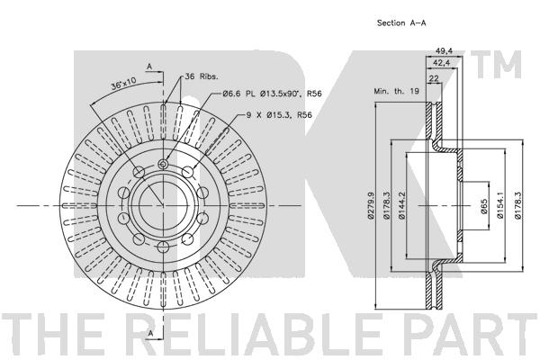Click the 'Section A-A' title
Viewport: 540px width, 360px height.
pyautogui.click(x=401, y=23)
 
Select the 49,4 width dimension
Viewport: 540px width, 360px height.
pyautogui.click(x=444, y=51)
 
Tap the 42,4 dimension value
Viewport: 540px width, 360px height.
pyautogui.click(x=442, y=62)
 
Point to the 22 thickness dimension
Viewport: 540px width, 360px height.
pyautogui.click(x=435, y=78)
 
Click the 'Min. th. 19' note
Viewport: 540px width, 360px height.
pyautogui.click(x=396, y=91)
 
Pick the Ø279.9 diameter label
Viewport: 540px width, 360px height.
pyautogui.click(x=371, y=206)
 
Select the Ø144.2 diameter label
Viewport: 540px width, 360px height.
pyautogui.click(x=402, y=206)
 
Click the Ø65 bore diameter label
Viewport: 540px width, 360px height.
pyautogui.click(x=484, y=206)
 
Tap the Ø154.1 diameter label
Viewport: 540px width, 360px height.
pyautogui.click(x=500, y=206)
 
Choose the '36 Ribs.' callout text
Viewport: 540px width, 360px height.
pyautogui.click(x=202, y=76)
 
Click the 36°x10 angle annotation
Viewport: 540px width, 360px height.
pyautogui.click(x=123, y=84)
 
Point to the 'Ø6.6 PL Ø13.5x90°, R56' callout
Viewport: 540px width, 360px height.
pyautogui.click(x=272, y=94)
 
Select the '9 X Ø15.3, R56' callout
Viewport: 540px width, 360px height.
pyautogui.click(x=279, y=115)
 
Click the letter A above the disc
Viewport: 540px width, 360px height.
pyautogui.click(x=149, y=67)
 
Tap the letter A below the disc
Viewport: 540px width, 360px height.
pyautogui.click(x=150, y=333)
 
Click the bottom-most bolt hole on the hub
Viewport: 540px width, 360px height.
pyautogui.click(x=163, y=247)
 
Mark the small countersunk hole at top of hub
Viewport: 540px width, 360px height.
pyautogui.click(x=163, y=165)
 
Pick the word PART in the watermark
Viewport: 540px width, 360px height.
pyautogui.click(x=468, y=335)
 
